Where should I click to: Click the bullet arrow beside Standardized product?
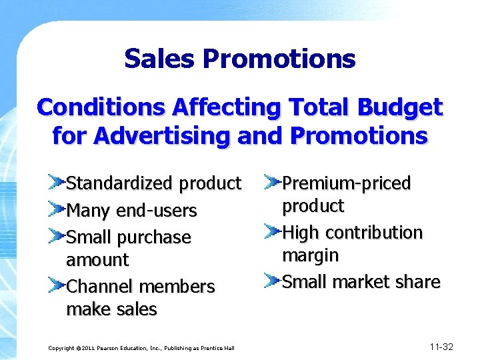click(x=56, y=181)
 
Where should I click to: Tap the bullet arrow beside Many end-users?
click(x=56, y=209)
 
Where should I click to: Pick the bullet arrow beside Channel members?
click(x=56, y=285)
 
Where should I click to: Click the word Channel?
click(x=99, y=287)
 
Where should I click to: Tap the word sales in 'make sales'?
click(x=137, y=309)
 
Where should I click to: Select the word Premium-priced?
click(x=346, y=183)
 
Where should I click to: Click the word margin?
click(x=310, y=255)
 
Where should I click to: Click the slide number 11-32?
click(x=441, y=346)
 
